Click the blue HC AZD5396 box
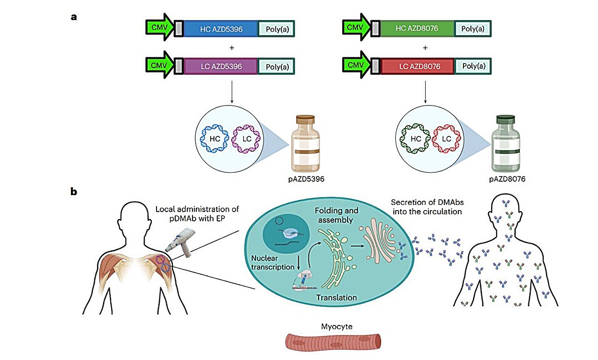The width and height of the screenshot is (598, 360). click(221, 28)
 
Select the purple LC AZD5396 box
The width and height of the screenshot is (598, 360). click(221, 67)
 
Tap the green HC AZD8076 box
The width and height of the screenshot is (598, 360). click(416, 28)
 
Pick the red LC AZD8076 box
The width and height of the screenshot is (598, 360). click(416, 67)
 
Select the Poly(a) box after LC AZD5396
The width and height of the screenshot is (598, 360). click(277, 67)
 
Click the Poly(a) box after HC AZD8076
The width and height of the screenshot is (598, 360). click(473, 28)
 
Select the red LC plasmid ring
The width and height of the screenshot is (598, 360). click(447, 139)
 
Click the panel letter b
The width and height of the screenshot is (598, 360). click(74, 191)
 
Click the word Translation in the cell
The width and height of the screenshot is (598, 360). click(336, 297)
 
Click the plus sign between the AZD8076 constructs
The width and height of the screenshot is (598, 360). click(425, 48)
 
